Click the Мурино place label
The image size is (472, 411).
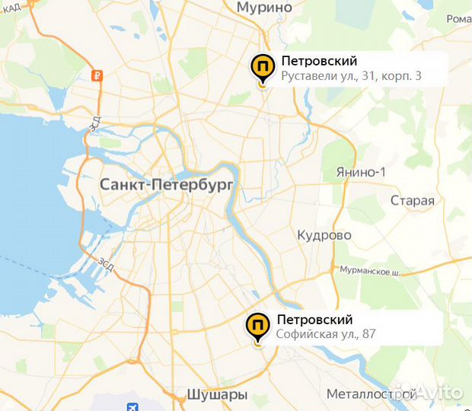point(264,8)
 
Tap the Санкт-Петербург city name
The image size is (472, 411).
point(167,185)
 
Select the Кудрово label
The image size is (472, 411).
point(324,235)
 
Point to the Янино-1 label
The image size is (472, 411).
point(361,172)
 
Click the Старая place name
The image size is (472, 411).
point(412,201)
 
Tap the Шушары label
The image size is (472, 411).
point(217,394)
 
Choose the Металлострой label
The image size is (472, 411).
point(371,394)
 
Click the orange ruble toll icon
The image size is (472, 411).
point(97,75)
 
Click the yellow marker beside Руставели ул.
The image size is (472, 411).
point(263,68)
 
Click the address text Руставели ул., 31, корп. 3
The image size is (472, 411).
point(351,76)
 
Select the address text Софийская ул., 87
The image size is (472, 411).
point(326,334)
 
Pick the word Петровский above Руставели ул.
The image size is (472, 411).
point(319,61)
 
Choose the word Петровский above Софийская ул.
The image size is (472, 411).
point(314,319)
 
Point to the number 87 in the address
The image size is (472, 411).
point(369,334)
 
